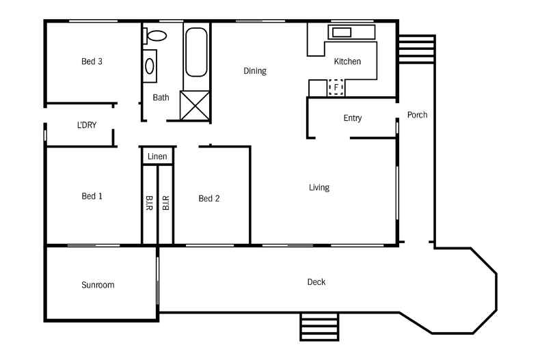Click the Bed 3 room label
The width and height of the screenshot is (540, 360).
click(x=92, y=61)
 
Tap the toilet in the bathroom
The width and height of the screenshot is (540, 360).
click(x=155, y=36)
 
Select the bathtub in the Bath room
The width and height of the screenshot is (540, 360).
click(x=196, y=52)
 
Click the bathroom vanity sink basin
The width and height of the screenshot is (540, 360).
click(x=150, y=66)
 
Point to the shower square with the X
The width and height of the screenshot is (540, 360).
click(x=195, y=105)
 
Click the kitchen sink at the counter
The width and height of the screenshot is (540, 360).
click(x=342, y=32)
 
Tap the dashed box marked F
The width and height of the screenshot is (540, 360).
click(x=336, y=87)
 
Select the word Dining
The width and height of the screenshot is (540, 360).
click(x=255, y=71)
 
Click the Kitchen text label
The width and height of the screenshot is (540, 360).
click(x=347, y=61)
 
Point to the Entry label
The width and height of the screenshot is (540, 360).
click(x=352, y=118)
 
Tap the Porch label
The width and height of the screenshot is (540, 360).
click(x=417, y=115)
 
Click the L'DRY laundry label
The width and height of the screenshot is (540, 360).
click(x=86, y=125)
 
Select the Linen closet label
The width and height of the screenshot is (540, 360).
click(x=157, y=156)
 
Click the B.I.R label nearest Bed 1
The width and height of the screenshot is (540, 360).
click(x=149, y=203)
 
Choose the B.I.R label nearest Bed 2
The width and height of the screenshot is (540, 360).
click(x=165, y=203)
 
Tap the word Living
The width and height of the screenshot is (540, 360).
click(x=319, y=188)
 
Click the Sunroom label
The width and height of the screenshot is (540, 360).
click(x=98, y=285)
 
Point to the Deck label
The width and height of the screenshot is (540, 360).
click(x=316, y=282)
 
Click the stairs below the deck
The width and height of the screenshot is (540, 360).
click(x=319, y=327)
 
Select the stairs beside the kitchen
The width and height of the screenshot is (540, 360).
click(x=416, y=49)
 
